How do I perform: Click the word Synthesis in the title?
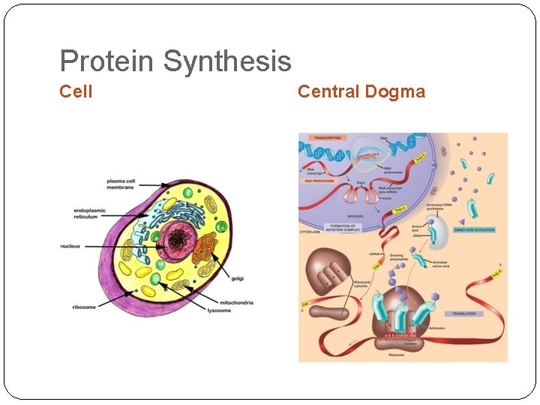(x=227, y=61)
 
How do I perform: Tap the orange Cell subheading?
(x=76, y=91)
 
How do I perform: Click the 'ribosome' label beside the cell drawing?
(x=84, y=307)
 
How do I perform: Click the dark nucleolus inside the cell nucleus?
(x=178, y=240)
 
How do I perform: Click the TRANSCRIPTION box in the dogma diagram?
(x=328, y=138)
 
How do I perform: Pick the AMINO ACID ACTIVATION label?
(x=474, y=230)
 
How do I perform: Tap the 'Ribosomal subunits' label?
(x=362, y=285)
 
